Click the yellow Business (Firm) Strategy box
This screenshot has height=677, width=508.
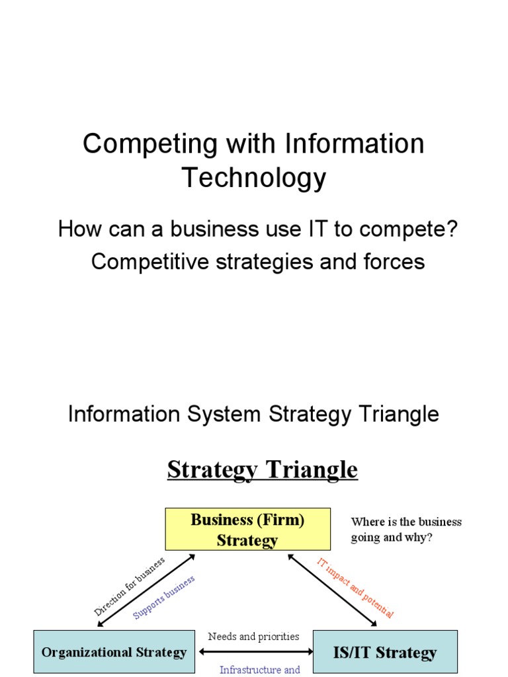pos(247,530)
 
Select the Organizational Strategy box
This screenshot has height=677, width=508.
pos(114,653)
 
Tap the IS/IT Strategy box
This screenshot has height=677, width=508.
pos(384,653)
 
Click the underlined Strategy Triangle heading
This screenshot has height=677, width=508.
pos(262,469)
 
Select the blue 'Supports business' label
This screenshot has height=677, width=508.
pos(164,598)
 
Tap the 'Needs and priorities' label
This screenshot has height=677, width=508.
pos(253,637)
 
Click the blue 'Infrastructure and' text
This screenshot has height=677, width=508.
pos(260,670)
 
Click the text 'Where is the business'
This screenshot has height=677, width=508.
pos(406,522)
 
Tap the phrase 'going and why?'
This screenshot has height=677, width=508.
pos(392,537)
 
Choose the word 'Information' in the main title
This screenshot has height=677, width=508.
pos(355,144)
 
